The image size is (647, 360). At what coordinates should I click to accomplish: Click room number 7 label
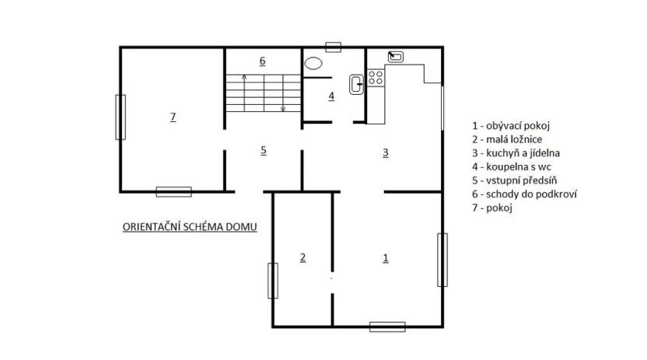point(173,117)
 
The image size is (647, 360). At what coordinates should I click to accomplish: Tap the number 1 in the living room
point(386,257)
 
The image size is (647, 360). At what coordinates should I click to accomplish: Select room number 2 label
point(303,257)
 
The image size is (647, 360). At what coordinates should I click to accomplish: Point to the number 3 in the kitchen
point(385,152)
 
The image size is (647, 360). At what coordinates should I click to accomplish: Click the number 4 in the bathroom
point(331,96)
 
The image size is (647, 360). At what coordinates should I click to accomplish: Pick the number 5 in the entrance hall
point(264,150)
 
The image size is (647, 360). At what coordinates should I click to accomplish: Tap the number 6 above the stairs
point(263,60)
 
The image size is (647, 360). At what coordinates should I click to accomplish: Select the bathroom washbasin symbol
point(358,85)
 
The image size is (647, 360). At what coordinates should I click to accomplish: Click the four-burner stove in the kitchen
point(376,77)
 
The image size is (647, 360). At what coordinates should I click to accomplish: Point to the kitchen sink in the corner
point(396,56)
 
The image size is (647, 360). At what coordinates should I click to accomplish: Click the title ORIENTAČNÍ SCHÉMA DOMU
point(190,227)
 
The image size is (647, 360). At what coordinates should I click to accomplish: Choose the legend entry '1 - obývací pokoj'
point(516,124)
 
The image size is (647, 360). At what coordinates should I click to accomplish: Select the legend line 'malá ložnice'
point(509,138)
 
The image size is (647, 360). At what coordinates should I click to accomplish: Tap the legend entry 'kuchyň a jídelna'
point(516,152)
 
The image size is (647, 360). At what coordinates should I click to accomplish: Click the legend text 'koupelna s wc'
point(512,166)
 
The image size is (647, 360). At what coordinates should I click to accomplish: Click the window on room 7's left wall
point(121,117)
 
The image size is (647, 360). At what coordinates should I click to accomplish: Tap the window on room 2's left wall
point(273,280)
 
